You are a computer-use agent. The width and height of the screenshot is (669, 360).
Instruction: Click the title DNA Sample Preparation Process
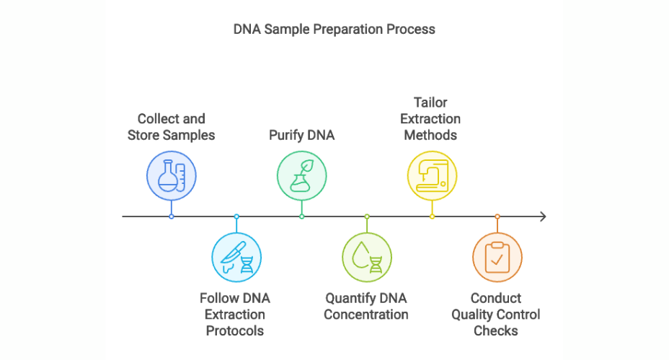(x=334, y=30)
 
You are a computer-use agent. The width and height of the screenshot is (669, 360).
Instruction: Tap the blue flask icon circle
(x=172, y=176)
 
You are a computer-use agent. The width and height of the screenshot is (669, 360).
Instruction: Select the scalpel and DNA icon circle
(x=236, y=257)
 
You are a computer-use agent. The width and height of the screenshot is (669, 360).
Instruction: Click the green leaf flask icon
(x=302, y=176)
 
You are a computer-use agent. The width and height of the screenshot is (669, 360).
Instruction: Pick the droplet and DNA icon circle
(x=367, y=257)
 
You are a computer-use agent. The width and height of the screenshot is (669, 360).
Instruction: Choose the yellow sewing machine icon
(x=432, y=176)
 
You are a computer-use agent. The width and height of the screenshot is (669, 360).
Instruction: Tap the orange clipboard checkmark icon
(x=497, y=257)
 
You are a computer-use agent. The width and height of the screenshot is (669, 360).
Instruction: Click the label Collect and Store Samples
(x=172, y=127)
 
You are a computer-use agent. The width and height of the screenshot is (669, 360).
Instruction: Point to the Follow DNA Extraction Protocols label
(x=235, y=315)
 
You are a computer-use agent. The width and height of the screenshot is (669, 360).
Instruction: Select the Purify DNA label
(x=301, y=135)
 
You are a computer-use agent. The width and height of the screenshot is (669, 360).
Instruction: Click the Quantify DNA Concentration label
(x=366, y=307)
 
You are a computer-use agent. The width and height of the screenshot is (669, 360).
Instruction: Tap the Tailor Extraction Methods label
(x=431, y=118)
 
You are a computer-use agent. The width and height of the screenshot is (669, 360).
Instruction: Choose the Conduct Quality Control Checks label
(x=496, y=315)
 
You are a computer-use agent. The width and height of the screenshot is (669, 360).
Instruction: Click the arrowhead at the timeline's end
(x=543, y=216)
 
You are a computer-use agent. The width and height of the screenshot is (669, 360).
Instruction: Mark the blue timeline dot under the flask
(x=172, y=216)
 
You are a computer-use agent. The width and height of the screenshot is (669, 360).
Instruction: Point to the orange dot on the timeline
(x=497, y=216)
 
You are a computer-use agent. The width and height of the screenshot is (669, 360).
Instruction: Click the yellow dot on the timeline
(x=432, y=216)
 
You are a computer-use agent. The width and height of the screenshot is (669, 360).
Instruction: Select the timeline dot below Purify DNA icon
(x=302, y=216)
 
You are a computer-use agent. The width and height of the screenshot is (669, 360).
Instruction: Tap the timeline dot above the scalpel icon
(x=236, y=216)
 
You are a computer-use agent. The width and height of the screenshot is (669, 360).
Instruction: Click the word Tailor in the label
(x=430, y=102)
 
